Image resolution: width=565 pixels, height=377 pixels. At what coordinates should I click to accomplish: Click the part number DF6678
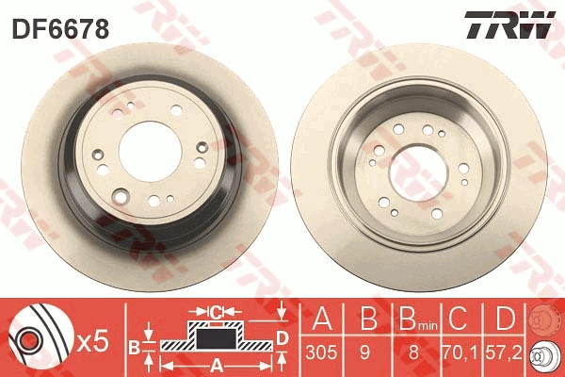pos(60,28)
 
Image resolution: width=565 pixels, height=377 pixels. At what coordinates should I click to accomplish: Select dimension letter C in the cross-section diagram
pos(215,311)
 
